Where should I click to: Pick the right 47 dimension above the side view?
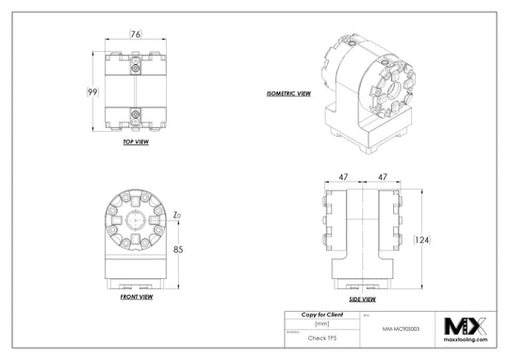pos(383,176)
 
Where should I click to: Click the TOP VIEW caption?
pos(136,142)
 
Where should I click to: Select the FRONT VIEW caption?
pos(137,297)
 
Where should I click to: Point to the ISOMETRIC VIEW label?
pos(289,93)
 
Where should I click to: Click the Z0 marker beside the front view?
pos(177,215)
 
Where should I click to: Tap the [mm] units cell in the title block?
pos(320,321)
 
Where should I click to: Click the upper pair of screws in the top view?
pos(138,66)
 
